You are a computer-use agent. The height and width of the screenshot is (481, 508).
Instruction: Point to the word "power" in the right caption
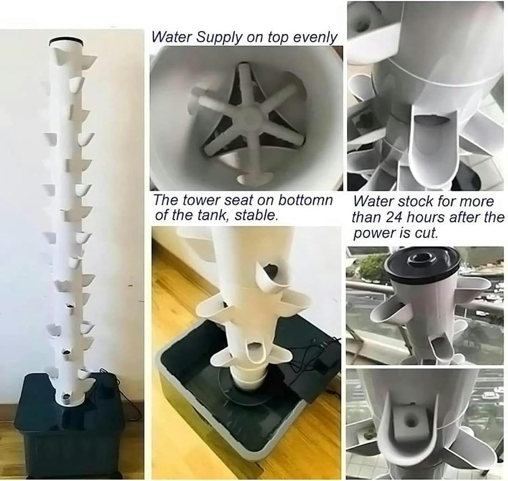coord(372,234)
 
